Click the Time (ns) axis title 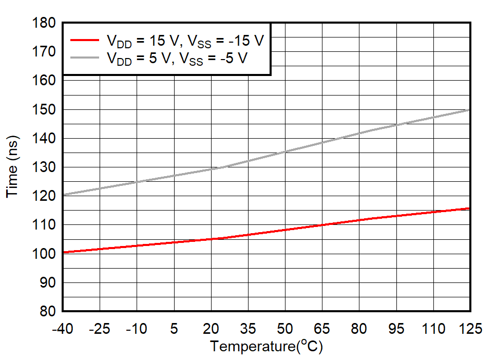[x=12, y=167]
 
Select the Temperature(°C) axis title [x=266, y=347]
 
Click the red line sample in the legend [x=84, y=40]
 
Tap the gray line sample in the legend [x=84, y=58]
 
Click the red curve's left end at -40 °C [x=63, y=252]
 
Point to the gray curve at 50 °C [x=285, y=151]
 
